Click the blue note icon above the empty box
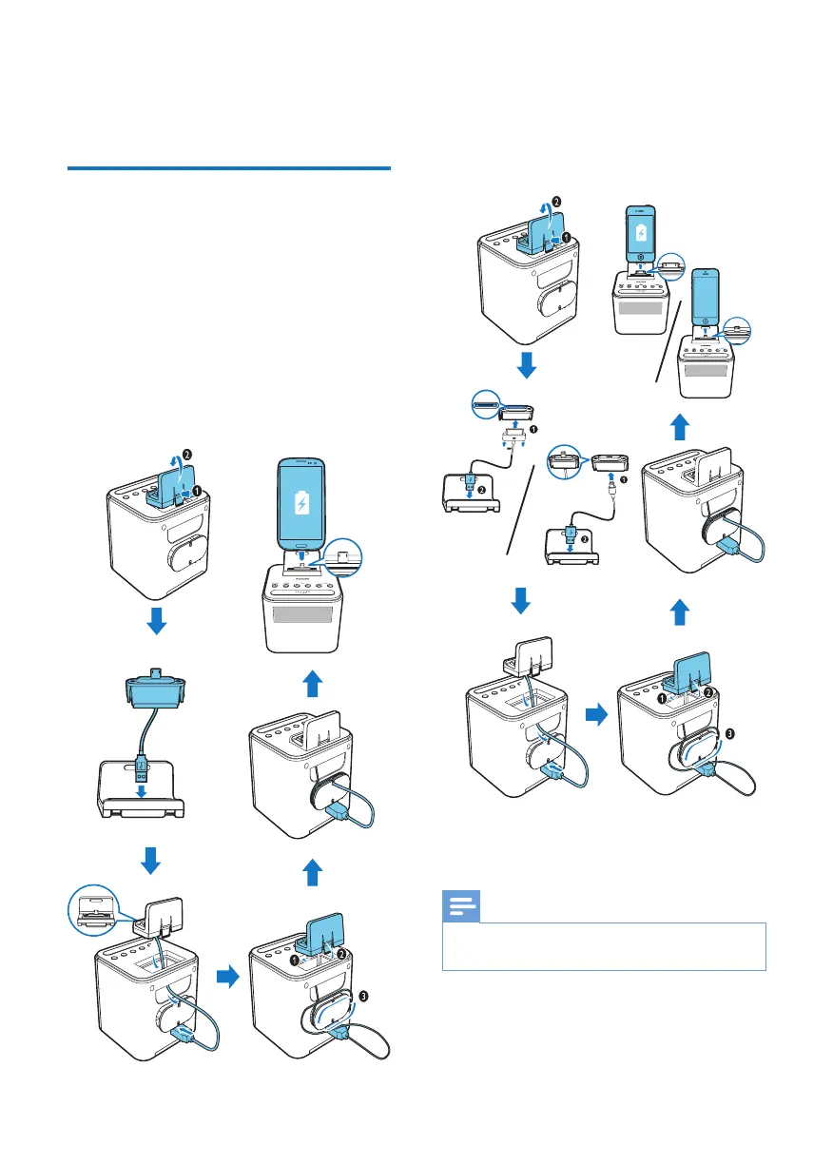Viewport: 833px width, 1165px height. [x=461, y=907]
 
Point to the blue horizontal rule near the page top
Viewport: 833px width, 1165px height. [x=229, y=170]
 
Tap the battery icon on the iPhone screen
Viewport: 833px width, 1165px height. [x=640, y=233]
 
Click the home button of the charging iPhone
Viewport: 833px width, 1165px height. [x=640, y=258]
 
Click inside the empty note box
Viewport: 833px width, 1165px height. [x=604, y=945]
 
